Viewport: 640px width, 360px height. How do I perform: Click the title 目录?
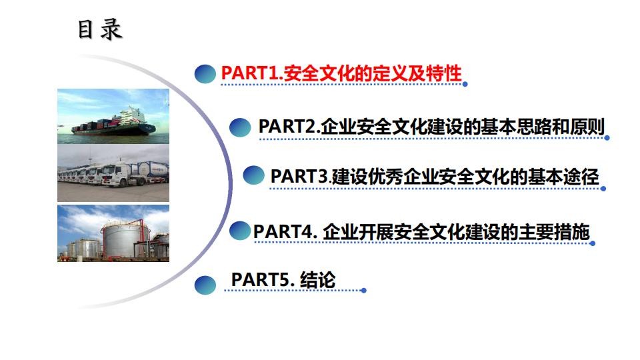tap(100, 30)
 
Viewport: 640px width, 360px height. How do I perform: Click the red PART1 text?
tap(341, 73)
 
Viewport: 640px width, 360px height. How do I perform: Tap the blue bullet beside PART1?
tap(205, 74)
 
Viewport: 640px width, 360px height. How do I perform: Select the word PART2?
tap(287, 127)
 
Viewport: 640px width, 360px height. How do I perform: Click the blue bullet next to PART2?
tap(240, 127)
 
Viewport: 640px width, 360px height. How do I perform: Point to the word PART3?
tap(299, 177)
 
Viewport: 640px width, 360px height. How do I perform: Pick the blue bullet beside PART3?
tap(253, 175)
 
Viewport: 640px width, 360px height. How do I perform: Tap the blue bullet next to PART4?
tap(239, 231)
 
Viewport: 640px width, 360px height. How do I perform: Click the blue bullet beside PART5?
tap(205, 285)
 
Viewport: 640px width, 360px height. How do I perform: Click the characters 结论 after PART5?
tap(317, 280)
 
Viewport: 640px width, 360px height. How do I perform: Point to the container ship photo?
tap(113, 116)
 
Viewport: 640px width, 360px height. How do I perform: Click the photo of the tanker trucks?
tap(113, 173)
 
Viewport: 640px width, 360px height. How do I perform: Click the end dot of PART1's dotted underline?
tap(465, 84)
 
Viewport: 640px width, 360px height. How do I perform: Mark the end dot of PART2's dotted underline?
tap(607, 138)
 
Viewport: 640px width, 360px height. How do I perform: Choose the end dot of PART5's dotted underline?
tap(364, 291)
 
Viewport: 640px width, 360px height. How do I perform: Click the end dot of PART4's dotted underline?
tap(593, 243)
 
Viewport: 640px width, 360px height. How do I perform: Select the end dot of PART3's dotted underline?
tap(603, 189)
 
